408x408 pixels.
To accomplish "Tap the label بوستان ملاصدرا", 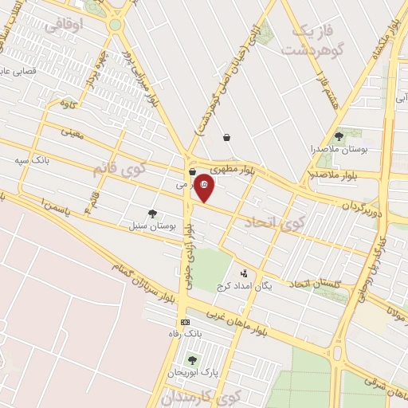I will pyautogui.click(x=338, y=149).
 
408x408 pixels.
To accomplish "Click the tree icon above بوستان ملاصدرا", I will pyautogui.click(x=339, y=137).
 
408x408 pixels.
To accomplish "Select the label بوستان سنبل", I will pyautogui.click(x=152, y=226).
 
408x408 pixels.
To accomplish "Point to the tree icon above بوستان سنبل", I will pyautogui.click(x=152, y=214).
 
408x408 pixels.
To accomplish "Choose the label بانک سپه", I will pyautogui.click(x=32, y=160).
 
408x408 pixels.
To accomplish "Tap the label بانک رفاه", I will pyautogui.click(x=185, y=334).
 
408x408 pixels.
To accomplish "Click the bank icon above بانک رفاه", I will pyautogui.click(x=185, y=322).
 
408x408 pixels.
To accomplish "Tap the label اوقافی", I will pyautogui.click(x=64, y=25).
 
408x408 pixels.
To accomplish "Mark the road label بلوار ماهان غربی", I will pyautogui.click(x=233, y=314).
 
